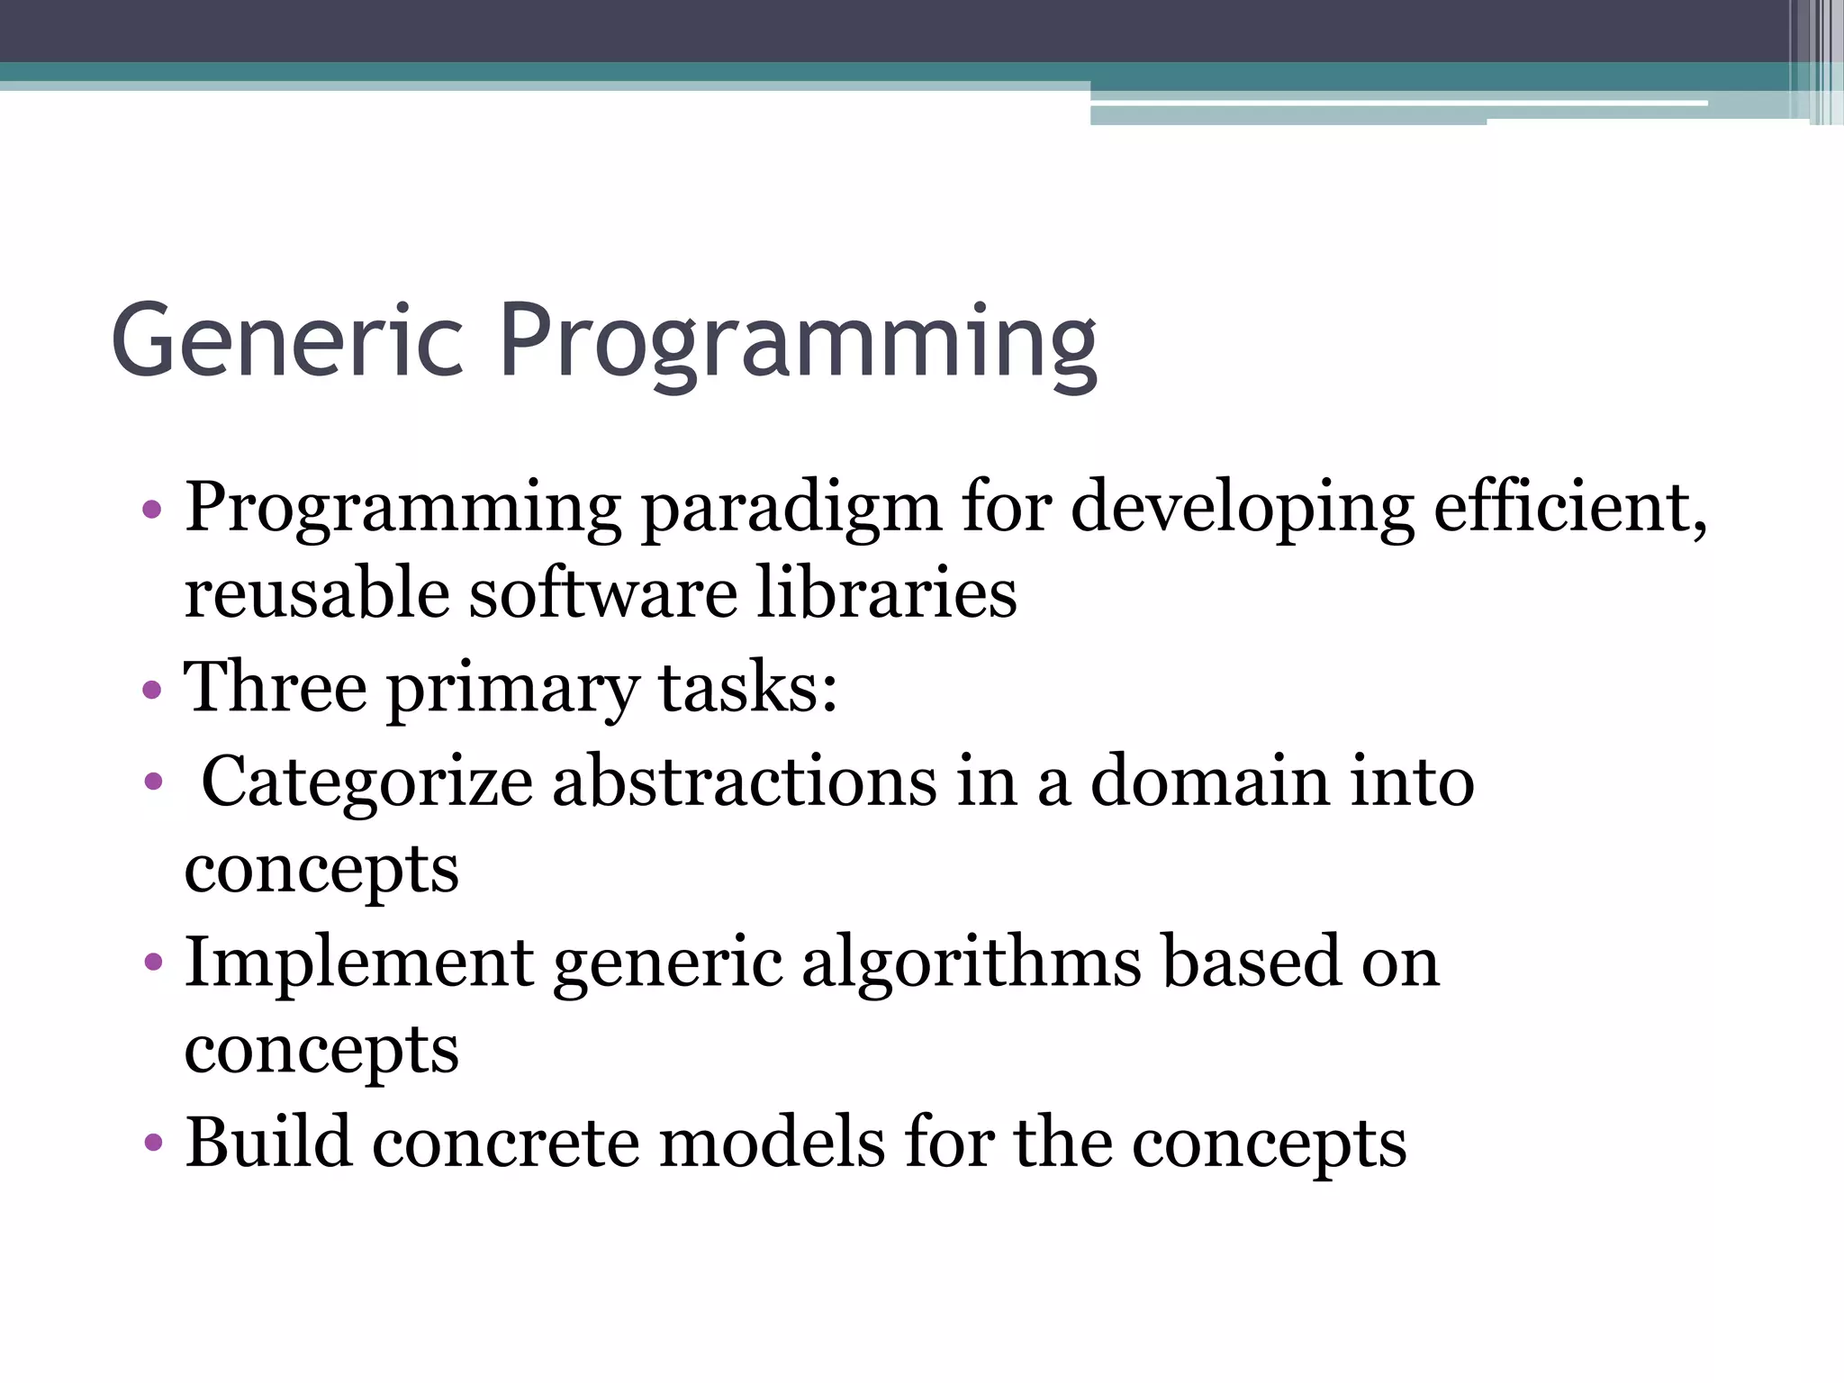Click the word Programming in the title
coord(798,342)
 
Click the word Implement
coord(359,962)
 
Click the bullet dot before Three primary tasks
coord(152,691)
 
